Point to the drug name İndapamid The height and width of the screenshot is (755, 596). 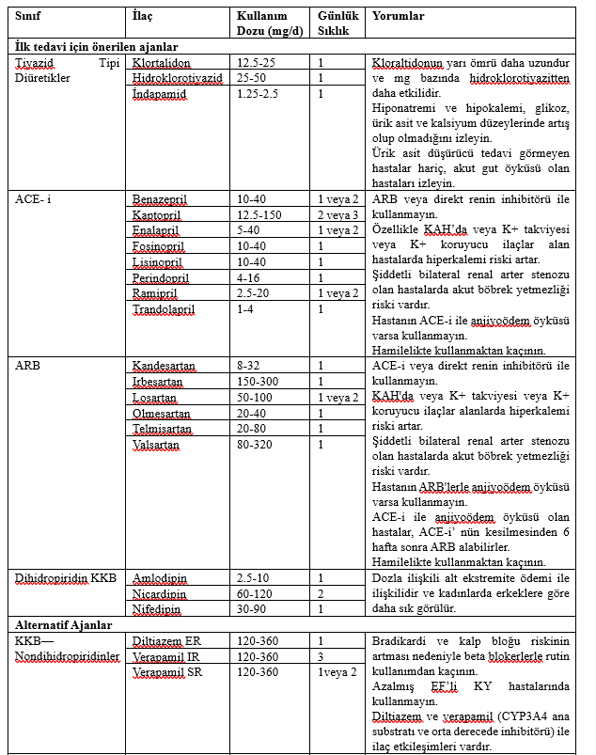pyautogui.click(x=160, y=93)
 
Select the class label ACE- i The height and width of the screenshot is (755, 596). pyautogui.click(x=35, y=199)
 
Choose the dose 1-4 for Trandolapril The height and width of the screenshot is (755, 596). pyautogui.click(x=246, y=308)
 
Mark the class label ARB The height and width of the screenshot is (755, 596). pyautogui.click(x=27, y=366)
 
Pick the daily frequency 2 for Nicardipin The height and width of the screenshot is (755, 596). pyautogui.click(x=322, y=593)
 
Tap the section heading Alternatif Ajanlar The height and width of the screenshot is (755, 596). pyautogui.click(x=62, y=624)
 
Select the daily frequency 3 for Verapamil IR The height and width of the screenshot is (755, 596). pyautogui.click(x=322, y=655)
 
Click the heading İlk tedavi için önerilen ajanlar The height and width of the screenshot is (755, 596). pyautogui.click(x=97, y=46)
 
